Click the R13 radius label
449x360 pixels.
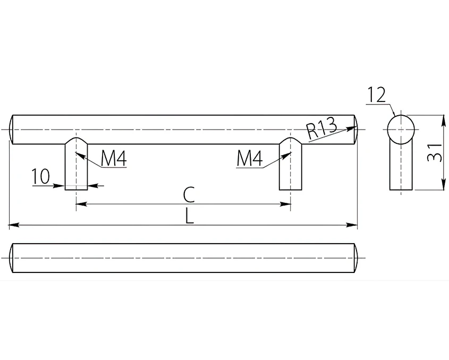321,128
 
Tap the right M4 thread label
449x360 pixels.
249,159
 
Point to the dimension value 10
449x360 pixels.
41,176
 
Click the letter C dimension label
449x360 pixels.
189,194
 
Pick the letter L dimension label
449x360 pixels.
189,216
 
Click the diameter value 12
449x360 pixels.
377,95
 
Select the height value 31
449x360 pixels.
435,153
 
